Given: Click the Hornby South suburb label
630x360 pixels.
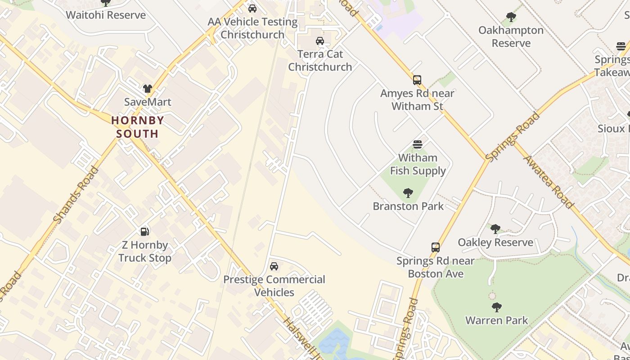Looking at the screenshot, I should pyautogui.click(x=137, y=127).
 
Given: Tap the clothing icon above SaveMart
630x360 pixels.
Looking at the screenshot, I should pyautogui.click(x=148, y=88).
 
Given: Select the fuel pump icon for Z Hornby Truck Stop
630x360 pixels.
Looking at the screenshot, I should pyautogui.click(x=145, y=231).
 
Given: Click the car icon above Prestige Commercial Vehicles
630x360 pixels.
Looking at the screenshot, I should pyautogui.click(x=274, y=266).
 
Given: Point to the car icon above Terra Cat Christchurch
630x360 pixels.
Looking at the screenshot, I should pyautogui.click(x=320, y=41).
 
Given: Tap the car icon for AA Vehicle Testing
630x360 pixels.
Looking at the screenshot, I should pyautogui.click(x=252, y=9).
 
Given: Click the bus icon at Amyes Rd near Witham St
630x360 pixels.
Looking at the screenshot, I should pyautogui.click(x=417, y=80).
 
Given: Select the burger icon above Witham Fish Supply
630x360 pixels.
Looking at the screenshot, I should pyautogui.click(x=418, y=144).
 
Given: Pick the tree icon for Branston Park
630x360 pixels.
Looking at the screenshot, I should pyautogui.click(x=408, y=193).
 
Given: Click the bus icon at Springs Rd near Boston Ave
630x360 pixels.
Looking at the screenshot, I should pyautogui.click(x=436, y=247).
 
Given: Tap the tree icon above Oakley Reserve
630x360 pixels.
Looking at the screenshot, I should pyautogui.click(x=495, y=229).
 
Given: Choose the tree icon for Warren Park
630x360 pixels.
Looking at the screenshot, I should pyautogui.click(x=497, y=307).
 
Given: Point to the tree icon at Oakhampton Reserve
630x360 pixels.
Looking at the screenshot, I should pyautogui.click(x=511, y=17).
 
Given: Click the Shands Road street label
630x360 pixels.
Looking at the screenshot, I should pyautogui.click(x=76, y=195).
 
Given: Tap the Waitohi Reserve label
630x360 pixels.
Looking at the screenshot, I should pyautogui.click(x=106, y=15).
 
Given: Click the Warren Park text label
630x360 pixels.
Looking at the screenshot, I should pyautogui.click(x=497, y=320).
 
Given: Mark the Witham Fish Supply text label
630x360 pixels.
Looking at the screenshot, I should pyautogui.click(x=418, y=164).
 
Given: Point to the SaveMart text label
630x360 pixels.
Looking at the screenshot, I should pyautogui.click(x=148, y=102).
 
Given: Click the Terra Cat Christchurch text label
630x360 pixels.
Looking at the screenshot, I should pyautogui.click(x=320, y=60).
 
